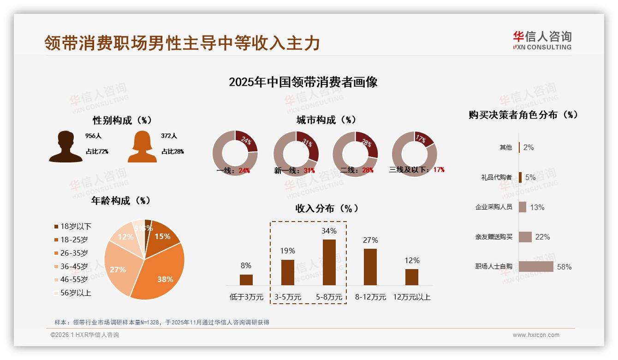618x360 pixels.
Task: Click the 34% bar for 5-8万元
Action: (329, 262)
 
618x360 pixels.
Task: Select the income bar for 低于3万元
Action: (246, 280)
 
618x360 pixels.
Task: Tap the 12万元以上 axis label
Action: (411, 297)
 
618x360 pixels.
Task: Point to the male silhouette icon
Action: (66, 147)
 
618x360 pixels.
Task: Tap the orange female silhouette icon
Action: (142, 147)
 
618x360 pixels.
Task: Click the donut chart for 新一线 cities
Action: (296, 153)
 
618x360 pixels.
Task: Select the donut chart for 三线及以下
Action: (414, 153)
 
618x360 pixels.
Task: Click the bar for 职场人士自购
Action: (536, 267)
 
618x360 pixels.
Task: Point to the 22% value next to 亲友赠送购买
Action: (542, 237)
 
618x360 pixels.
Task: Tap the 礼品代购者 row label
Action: (496, 177)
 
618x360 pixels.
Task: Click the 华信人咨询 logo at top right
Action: (542, 40)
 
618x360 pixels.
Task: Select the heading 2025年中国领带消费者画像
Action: (303, 82)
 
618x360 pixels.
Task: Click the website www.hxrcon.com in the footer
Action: (536, 335)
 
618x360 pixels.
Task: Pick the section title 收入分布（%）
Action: (327, 208)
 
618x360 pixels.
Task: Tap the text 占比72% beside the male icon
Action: (97, 151)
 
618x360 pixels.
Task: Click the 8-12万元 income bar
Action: (370, 267)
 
